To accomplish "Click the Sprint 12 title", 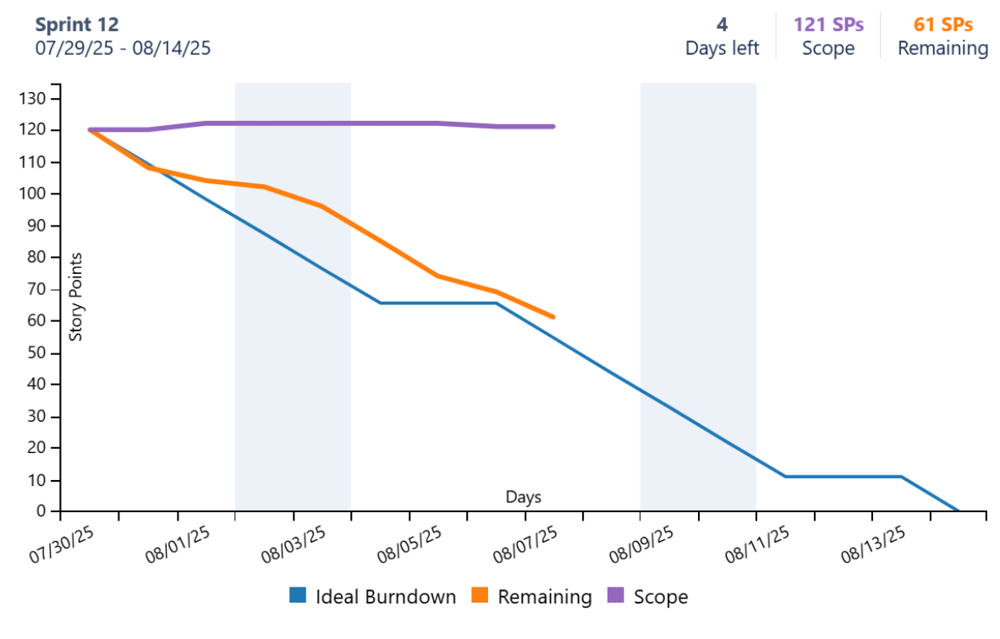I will pos(77,25).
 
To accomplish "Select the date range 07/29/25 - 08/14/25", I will pos(123,48).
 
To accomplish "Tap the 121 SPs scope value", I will pos(828,25).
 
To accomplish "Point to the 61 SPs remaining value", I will pos(942,25).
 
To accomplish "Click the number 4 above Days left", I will pos(722,25).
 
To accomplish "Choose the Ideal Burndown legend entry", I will pos(372,597).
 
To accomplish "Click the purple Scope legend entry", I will pos(647,597).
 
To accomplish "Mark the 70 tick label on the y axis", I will pos(37,289).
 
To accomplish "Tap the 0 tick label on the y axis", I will pos(41,511).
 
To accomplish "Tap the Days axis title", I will pos(524,497).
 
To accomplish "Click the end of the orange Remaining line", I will pos(552,317).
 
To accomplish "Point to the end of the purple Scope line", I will pos(552,127).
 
